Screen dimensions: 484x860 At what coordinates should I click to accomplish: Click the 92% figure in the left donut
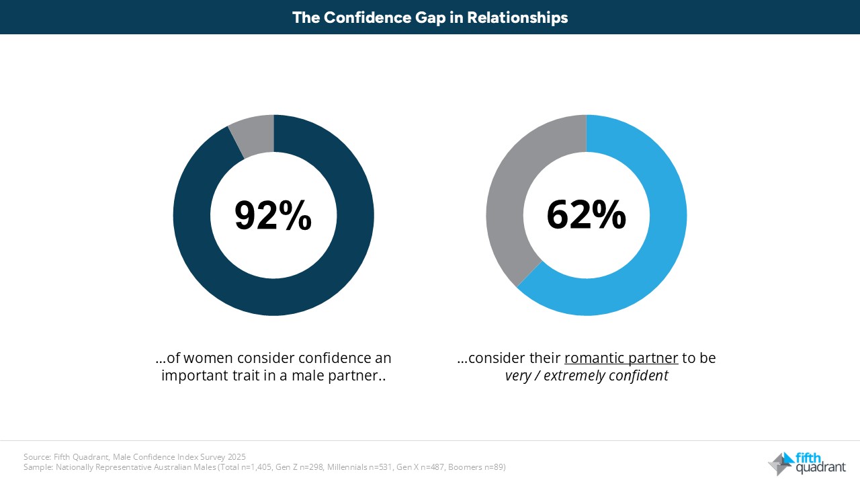[x=273, y=215]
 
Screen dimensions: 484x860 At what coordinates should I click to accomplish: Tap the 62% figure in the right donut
[x=586, y=215]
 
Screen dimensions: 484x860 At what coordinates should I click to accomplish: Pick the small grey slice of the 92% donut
[x=254, y=136]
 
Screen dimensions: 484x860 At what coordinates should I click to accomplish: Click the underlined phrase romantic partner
[x=621, y=358]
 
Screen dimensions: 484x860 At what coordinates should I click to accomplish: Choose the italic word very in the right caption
[x=519, y=375]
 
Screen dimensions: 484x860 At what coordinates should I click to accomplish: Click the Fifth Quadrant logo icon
[x=781, y=463]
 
